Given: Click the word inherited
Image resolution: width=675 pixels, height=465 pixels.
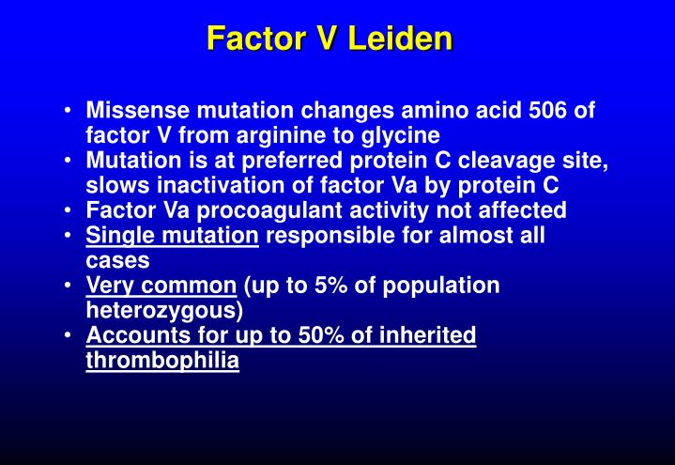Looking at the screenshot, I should (431, 335).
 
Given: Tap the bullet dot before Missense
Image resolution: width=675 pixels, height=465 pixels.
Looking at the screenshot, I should (71, 111).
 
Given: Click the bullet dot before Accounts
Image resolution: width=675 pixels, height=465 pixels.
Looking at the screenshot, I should (71, 335).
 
